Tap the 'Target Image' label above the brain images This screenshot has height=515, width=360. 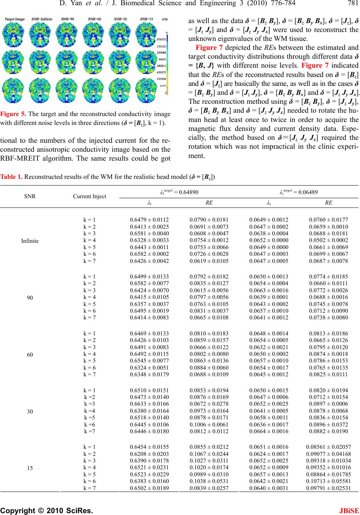click(15, 19)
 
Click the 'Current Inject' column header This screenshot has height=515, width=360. click(90, 196)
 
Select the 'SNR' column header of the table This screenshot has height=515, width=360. click(30, 196)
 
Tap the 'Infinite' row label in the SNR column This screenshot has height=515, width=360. click(30, 241)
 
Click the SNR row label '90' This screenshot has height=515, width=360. click(30, 297)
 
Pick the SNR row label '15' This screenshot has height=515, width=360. click(30, 468)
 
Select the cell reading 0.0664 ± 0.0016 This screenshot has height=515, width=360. click(269, 431)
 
